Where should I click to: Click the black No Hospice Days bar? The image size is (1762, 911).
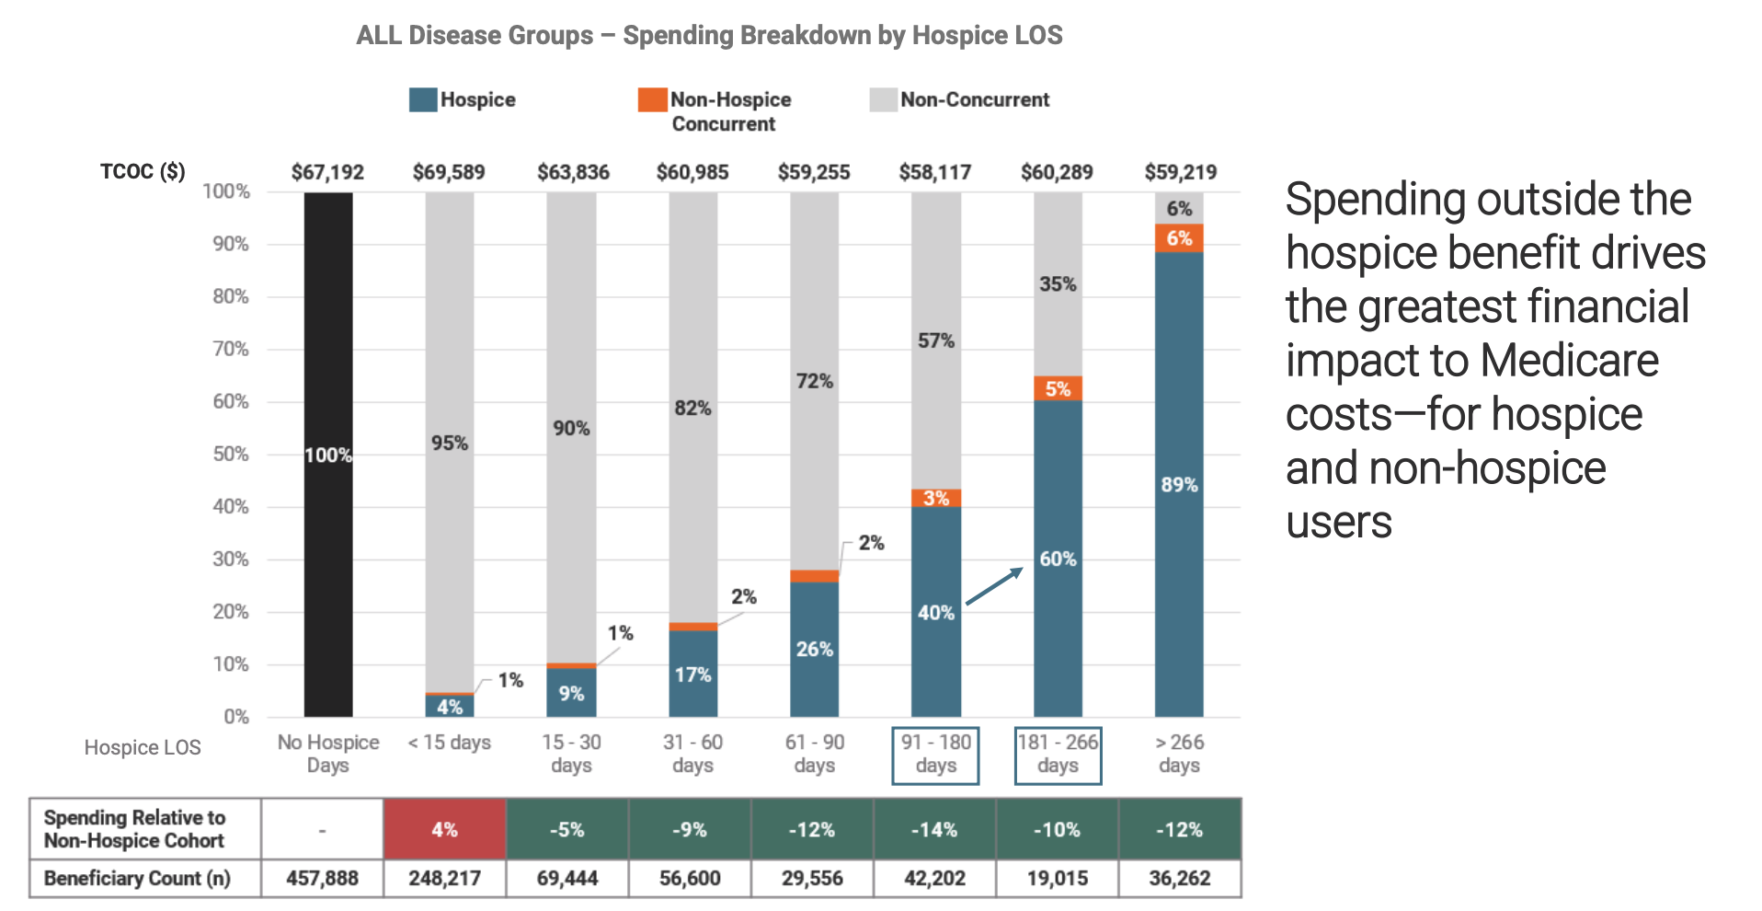coord(327,455)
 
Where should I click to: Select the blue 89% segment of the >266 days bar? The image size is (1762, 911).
coord(1179,484)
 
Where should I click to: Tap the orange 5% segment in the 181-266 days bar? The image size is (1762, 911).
coord(1058,388)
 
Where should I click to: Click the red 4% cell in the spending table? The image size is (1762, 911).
coord(444,829)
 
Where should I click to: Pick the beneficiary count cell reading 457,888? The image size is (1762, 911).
coord(322,878)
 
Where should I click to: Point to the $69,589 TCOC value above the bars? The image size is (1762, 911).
coord(449,172)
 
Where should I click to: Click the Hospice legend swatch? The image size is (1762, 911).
coord(423,100)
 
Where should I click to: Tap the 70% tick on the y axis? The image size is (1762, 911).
coord(231,349)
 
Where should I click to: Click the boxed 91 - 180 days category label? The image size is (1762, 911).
coord(935,755)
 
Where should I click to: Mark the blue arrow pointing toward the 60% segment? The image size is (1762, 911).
coord(994,586)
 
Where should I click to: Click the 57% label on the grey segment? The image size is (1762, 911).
coord(935,340)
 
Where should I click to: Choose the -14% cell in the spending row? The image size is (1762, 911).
coord(934,829)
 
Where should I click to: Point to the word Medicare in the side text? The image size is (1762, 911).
coord(1569,361)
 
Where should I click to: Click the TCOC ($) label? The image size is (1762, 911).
coord(143,172)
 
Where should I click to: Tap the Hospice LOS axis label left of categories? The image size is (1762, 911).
coord(143,747)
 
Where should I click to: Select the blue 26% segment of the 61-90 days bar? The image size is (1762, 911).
coord(814,649)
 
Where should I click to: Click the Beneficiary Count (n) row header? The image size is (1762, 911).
coord(138,878)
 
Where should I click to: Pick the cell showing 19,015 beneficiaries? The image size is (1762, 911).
coord(1057,878)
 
